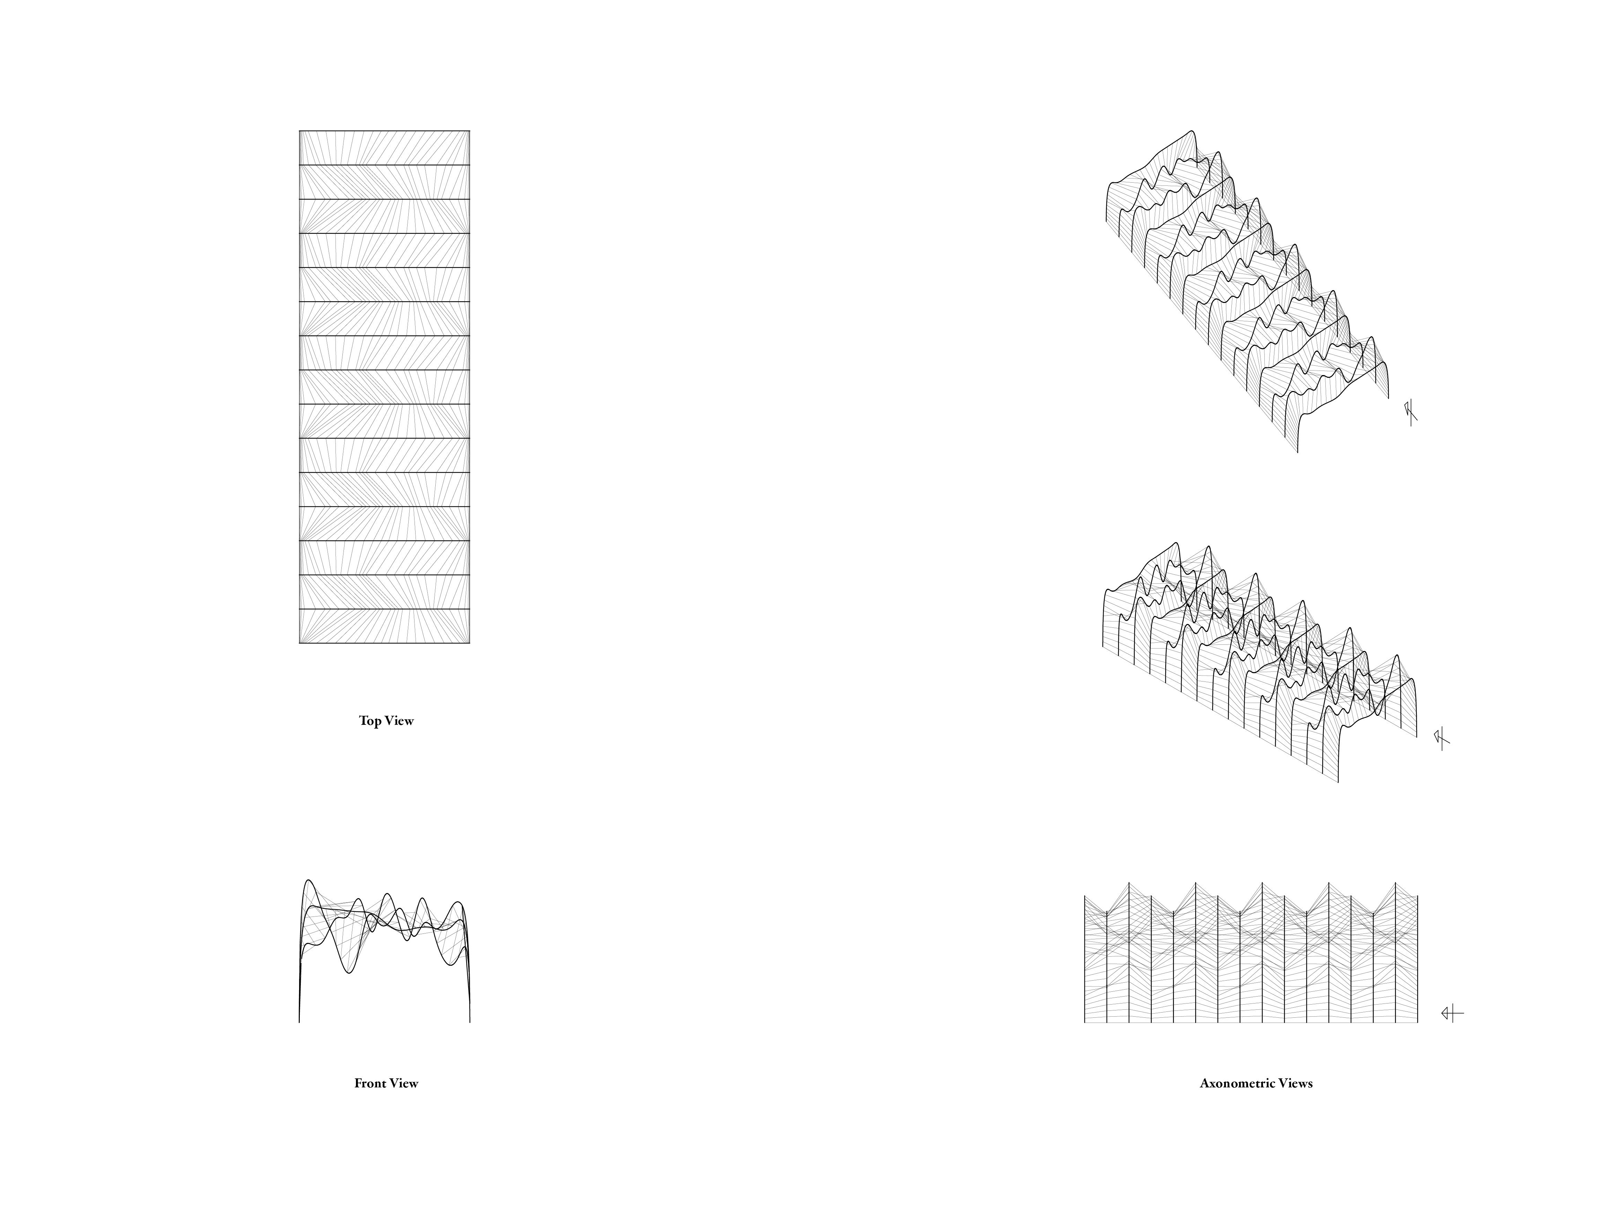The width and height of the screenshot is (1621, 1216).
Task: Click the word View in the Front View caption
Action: [404, 1083]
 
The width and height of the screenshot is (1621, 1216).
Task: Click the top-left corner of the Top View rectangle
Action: [300, 131]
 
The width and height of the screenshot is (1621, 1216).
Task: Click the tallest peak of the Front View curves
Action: [308, 880]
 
